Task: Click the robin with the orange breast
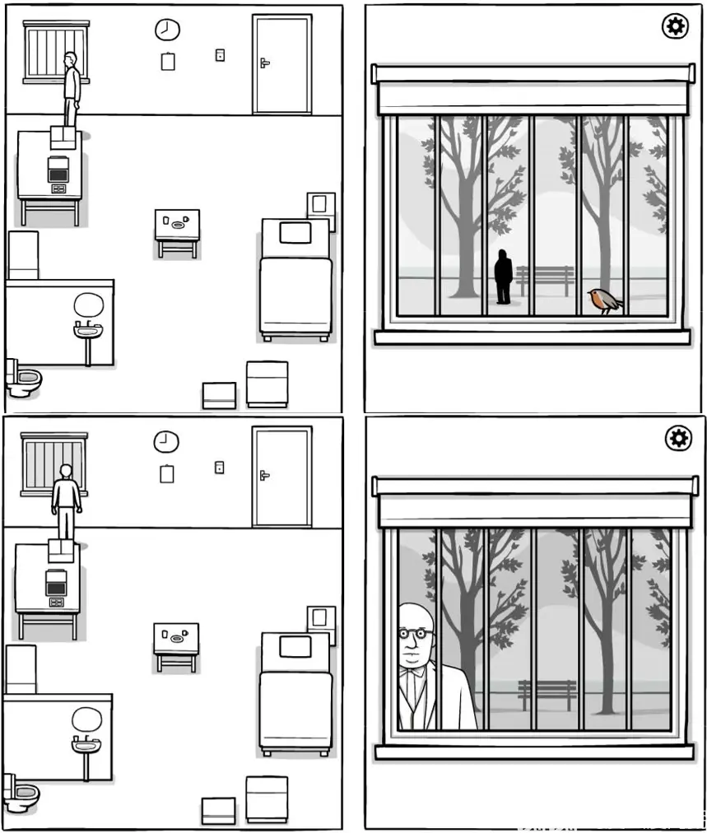[x=605, y=301]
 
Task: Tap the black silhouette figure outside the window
[x=503, y=277]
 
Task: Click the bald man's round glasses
[x=415, y=635]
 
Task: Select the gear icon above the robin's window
[x=675, y=27]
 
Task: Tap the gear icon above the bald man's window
[x=678, y=438]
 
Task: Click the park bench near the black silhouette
[x=544, y=279]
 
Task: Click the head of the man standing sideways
[x=72, y=60]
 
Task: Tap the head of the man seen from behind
[x=66, y=472]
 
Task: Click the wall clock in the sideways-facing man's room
[x=167, y=30]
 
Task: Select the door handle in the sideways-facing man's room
[x=264, y=63]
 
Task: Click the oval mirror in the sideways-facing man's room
[x=87, y=306]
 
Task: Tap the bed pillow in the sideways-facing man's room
[x=295, y=233]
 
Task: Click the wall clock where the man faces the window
[x=165, y=442]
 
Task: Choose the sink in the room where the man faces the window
[x=86, y=747]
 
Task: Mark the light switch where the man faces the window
[x=220, y=467]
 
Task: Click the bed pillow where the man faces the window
[x=295, y=647]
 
